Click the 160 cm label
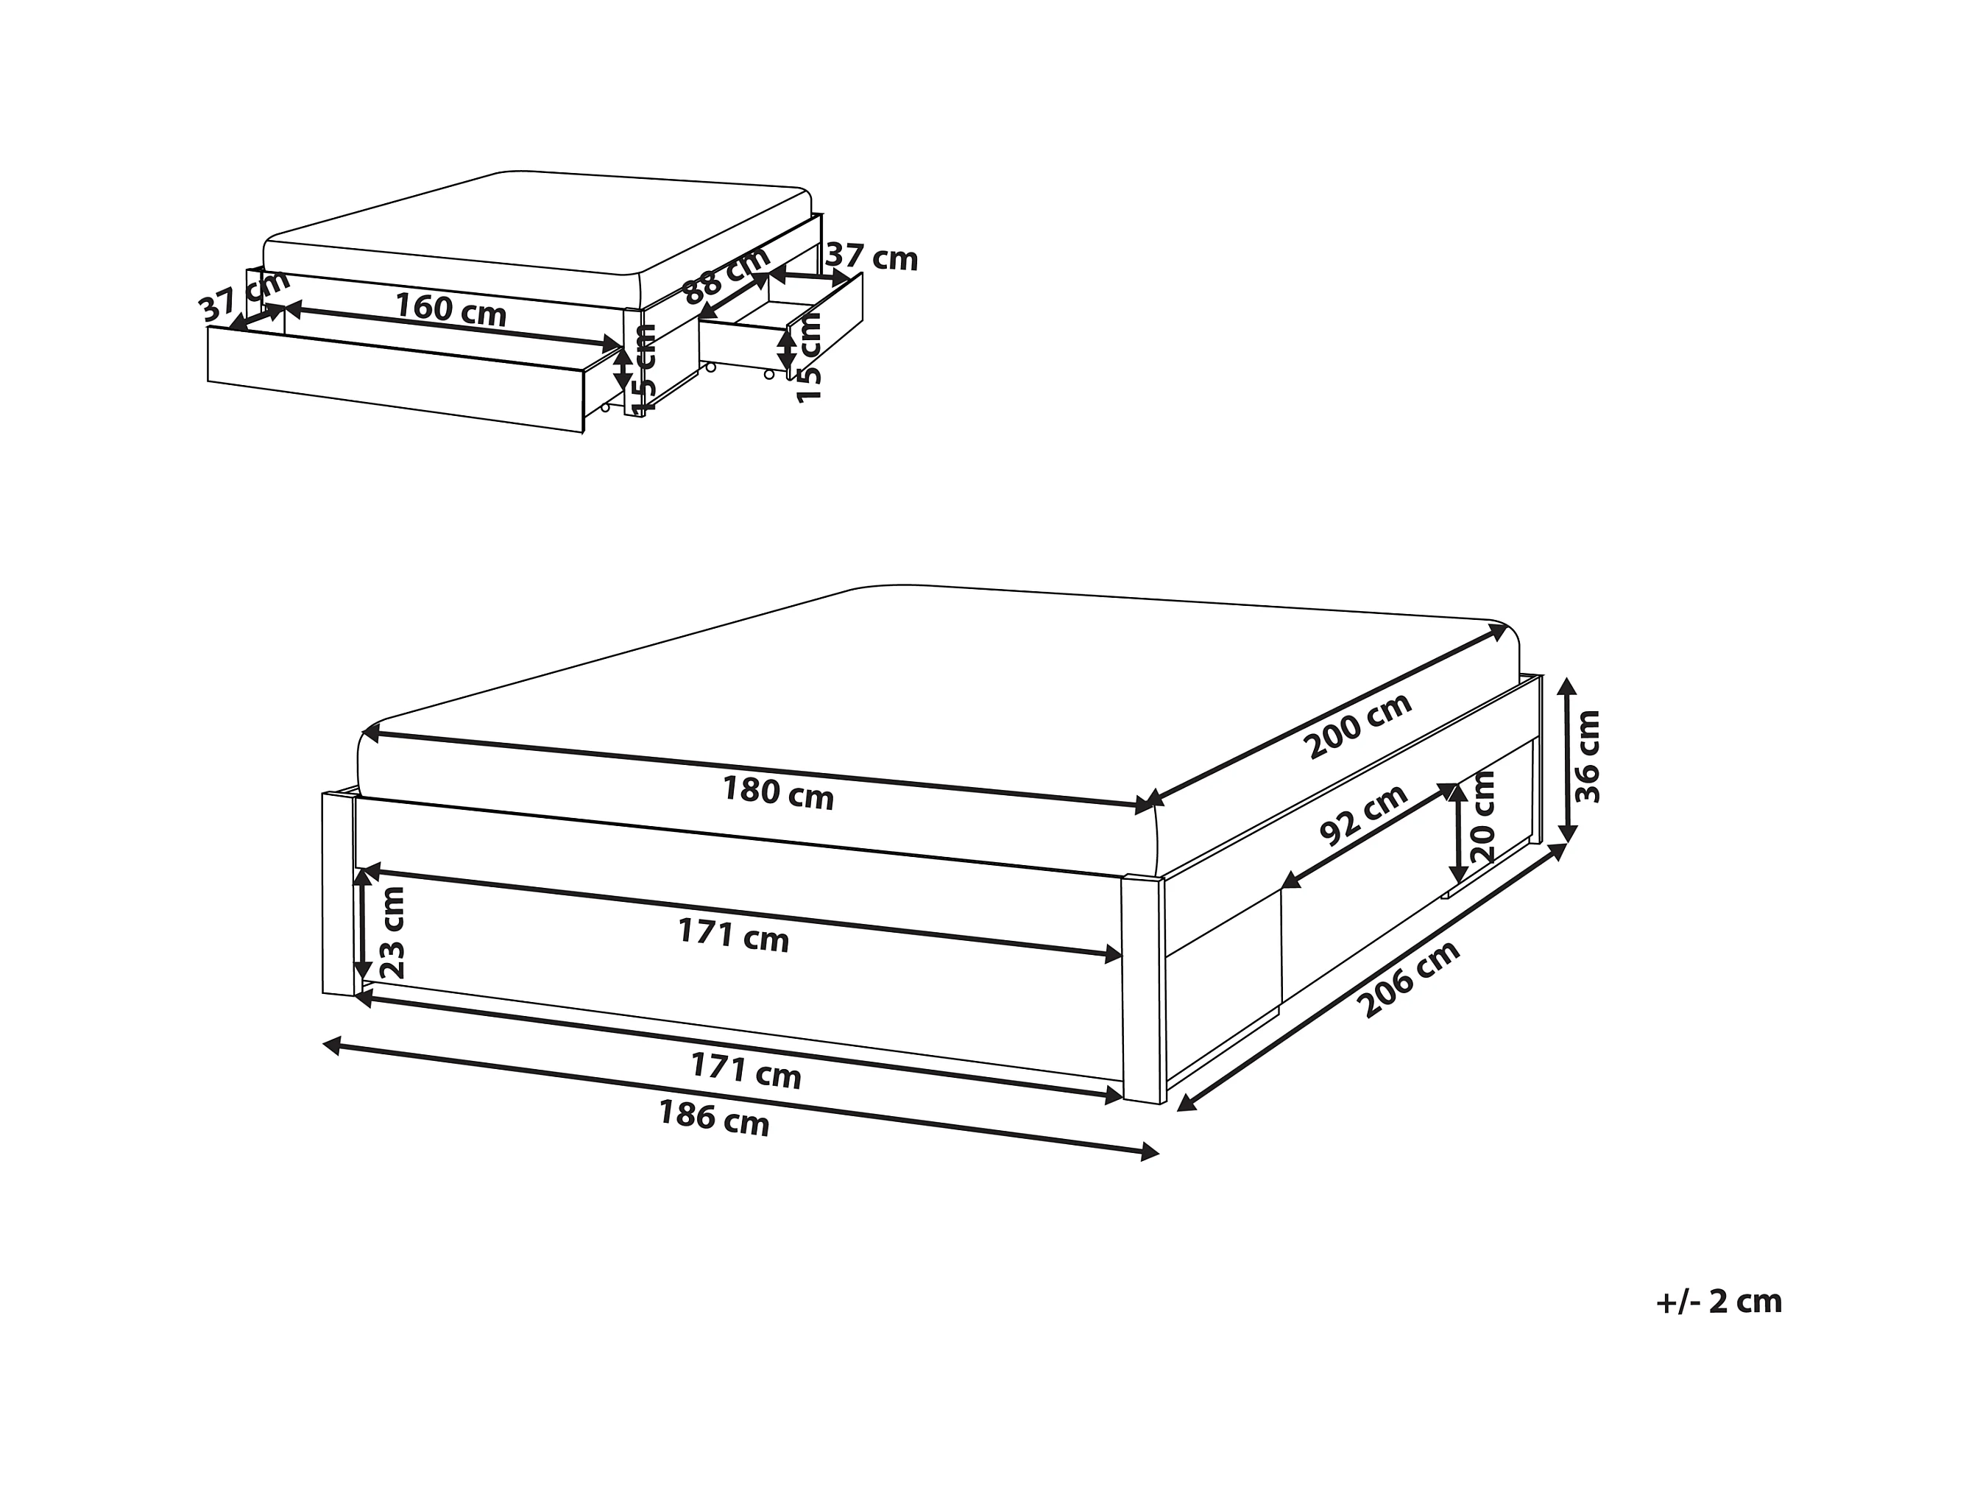[451, 308]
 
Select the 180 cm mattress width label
[778, 793]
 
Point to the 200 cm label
[1358, 726]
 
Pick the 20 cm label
[1483, 816]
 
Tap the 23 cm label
[393, 933]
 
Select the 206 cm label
[1408, 979]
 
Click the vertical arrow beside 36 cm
[1566, 760]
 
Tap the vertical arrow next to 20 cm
[1458, 833]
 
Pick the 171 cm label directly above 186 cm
[746, 1070]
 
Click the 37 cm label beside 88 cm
[871, 258]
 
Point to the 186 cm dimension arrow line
[741, 1098]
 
